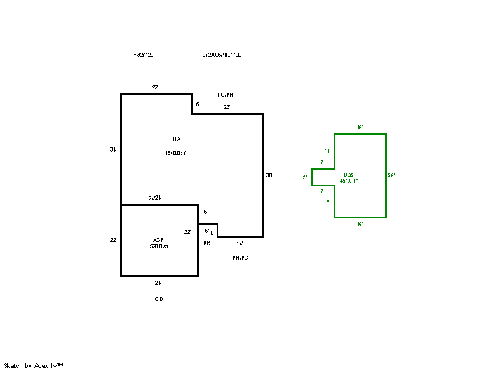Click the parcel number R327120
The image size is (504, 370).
(x=143, y=55)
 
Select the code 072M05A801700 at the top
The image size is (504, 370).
(x=222, y=55)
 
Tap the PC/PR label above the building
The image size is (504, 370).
(x=226, y=95)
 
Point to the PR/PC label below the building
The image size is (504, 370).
(x=241, y=258)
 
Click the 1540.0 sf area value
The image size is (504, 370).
(x=175, y=154)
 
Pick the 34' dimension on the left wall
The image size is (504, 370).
(x=114, y=149)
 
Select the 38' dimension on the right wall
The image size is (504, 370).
(x=269, y=175)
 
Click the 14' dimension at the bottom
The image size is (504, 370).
(x=240, y=243)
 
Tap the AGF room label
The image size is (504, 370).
(x=159, y=240)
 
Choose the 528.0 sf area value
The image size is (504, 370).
(x=159, y=247)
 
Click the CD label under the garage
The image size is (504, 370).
(x=159, y=298)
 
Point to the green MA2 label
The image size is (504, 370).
(x=349, y=175)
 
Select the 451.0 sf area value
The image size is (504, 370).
(x=349, y=181)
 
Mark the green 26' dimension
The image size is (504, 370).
(x=391, y=175)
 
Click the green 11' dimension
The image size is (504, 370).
(x=328, y=151)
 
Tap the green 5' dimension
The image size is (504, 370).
(x=305, y=177)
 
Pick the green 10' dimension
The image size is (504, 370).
(x=328, y=201)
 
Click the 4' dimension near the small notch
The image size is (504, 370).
(x=212, y=233)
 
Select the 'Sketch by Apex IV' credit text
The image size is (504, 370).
(x=33, y=365)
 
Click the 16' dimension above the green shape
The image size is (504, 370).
(x=360, y=127)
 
